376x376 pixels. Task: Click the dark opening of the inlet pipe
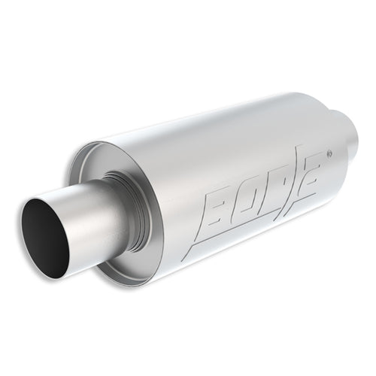45,238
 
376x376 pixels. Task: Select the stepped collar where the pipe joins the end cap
130,208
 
